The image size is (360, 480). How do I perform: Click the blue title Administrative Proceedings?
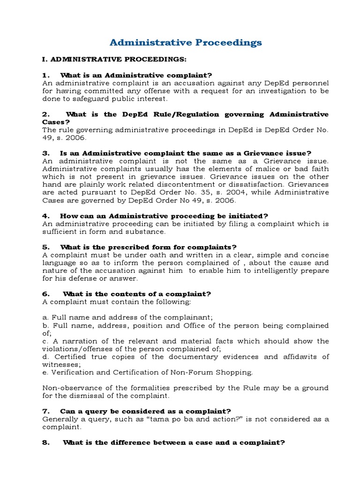click(186, 43)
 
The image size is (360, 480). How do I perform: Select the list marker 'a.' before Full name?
click(46, 317)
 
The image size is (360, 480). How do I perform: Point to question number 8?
click(46, 442)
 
